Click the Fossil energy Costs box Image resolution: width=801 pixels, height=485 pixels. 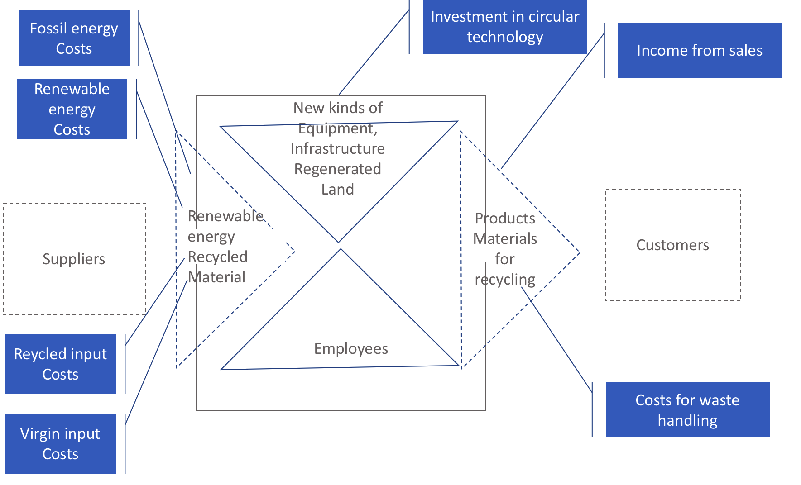pyautogui.click(x=74, y=38)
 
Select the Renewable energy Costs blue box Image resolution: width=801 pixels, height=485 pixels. pyautogui.click(x=72, y=109)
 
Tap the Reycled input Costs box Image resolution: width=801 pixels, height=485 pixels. pyautogui.click(x=60, y=364)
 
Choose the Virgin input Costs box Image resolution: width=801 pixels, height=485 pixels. pyautogui.click(x=60, y=443)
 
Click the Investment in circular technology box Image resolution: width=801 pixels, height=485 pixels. pyautogui.click(x=505, y=27)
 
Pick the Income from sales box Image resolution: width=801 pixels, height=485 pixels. pyautogui.click(x=700, y=50)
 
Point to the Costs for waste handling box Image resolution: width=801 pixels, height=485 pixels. pyautogui.click(x=687, y=410)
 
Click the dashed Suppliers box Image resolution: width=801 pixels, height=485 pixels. pyautogui.click(x=74, y=259)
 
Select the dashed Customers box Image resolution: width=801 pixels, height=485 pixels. pyautogui.click(x=673, y=245)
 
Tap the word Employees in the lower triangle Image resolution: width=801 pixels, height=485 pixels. pyautogui.click(x=351, y=349)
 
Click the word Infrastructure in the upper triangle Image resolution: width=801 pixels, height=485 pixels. pyautogui.click(x=338, y=148)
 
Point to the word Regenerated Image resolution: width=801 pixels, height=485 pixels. pyautogui.click(x=338, y=169)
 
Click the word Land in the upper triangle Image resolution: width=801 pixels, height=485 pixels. pyautogui.click(x=338, y=189)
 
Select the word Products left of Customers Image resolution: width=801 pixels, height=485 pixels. pyautogui.click(x=505, y=219)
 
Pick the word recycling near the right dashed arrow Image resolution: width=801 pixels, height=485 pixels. pyautogui.click(x=505, y=280)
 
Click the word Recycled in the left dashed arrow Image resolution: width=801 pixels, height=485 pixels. pyautogui.click(x=217, y=257)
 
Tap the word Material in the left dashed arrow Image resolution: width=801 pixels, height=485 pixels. pyautogui.click(x=216, y=277)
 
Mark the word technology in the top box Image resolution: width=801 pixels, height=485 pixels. pyautogui.click(x=505, y=37)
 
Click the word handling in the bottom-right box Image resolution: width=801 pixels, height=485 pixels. pyautogui.click(x=687, y=420)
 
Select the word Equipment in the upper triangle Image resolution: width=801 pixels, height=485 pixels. pyautogui.click(x=337, y=128)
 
